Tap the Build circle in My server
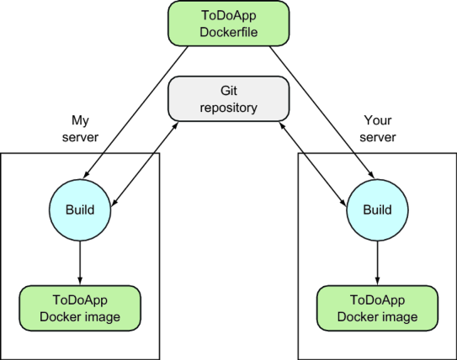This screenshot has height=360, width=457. [80, 208]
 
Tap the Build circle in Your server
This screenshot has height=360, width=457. [376, 208]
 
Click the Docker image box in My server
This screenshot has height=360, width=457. [81, 307]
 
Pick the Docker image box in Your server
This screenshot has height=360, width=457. [376, 307]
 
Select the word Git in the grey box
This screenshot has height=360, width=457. [228, 89]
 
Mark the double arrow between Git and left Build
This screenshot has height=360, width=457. [143, 165]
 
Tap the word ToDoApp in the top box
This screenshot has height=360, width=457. [228, 14]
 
